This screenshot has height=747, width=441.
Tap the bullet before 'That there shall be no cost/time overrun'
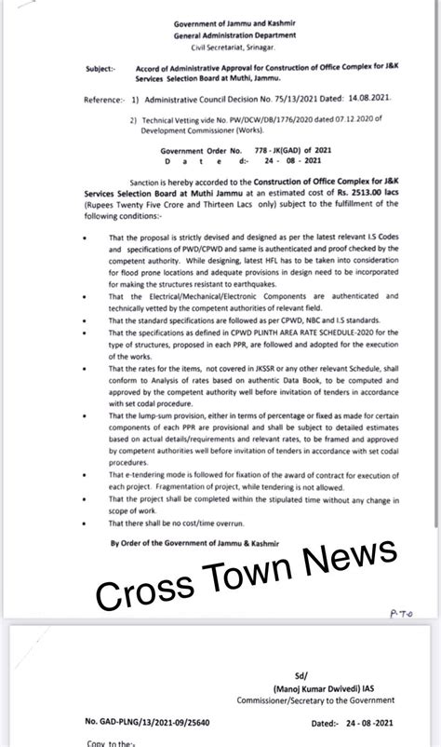86,524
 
